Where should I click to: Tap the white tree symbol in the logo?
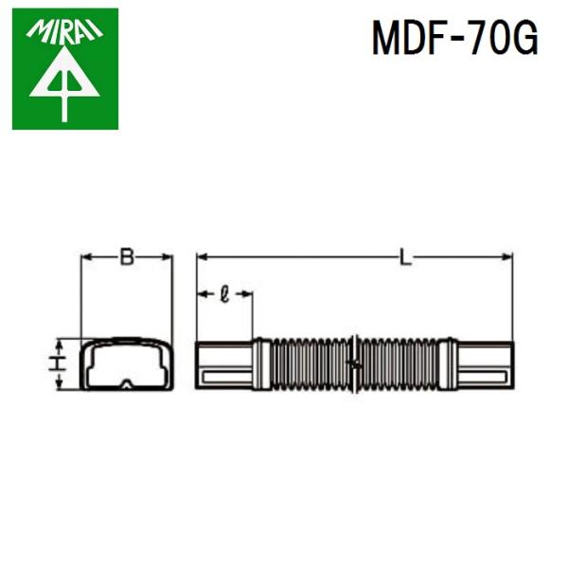point(64,83)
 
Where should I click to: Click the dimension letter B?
point(127,256)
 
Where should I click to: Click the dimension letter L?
point(405,257)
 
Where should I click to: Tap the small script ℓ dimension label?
point(223,294)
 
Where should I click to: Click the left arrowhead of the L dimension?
point(202,257)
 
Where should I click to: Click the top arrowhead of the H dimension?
point(60,342)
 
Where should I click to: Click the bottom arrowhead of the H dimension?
point(60,384)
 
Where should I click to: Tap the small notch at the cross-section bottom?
point(127,383)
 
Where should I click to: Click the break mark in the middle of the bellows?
point(352,364)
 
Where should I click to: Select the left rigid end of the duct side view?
point(223,364)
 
